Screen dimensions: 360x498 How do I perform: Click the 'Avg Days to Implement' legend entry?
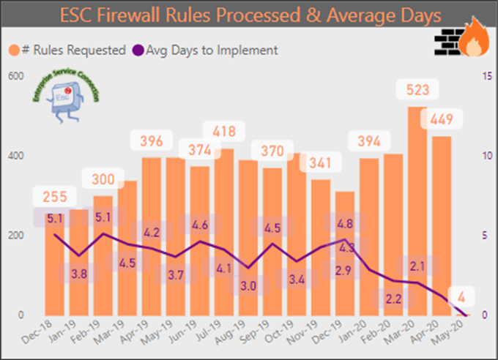205,50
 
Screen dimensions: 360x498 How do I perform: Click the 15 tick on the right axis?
484,76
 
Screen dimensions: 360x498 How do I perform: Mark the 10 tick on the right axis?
484,156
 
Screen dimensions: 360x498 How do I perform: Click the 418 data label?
223,132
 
